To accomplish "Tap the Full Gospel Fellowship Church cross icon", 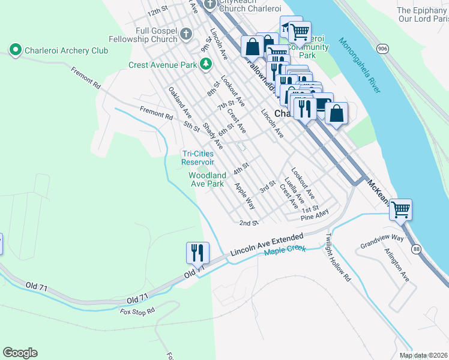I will coord(186,34).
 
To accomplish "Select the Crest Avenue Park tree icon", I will coord(206,64).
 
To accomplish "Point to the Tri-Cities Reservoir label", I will coord(197,158).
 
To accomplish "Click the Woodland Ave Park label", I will coord(207,179).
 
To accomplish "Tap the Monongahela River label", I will coord(360,65).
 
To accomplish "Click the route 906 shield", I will coord(382,47).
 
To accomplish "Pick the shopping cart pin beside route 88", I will coord(400,211).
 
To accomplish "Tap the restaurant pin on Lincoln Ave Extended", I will coord(197,253).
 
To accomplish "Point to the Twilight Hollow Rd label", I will coord(338,258).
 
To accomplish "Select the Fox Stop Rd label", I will coord(137,311).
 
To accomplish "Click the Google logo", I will coord(20,353).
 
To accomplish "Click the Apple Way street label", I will coord(245,196).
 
